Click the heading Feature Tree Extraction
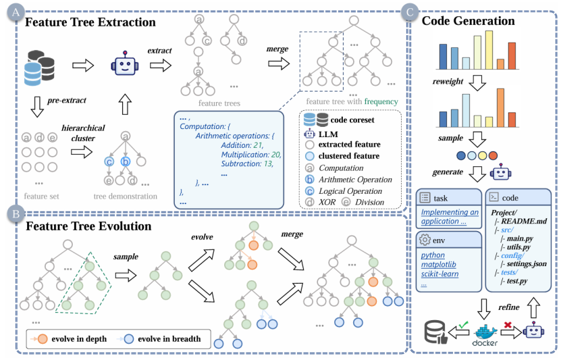click(x=90, y=22)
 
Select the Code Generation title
click(x=468, y=21)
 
